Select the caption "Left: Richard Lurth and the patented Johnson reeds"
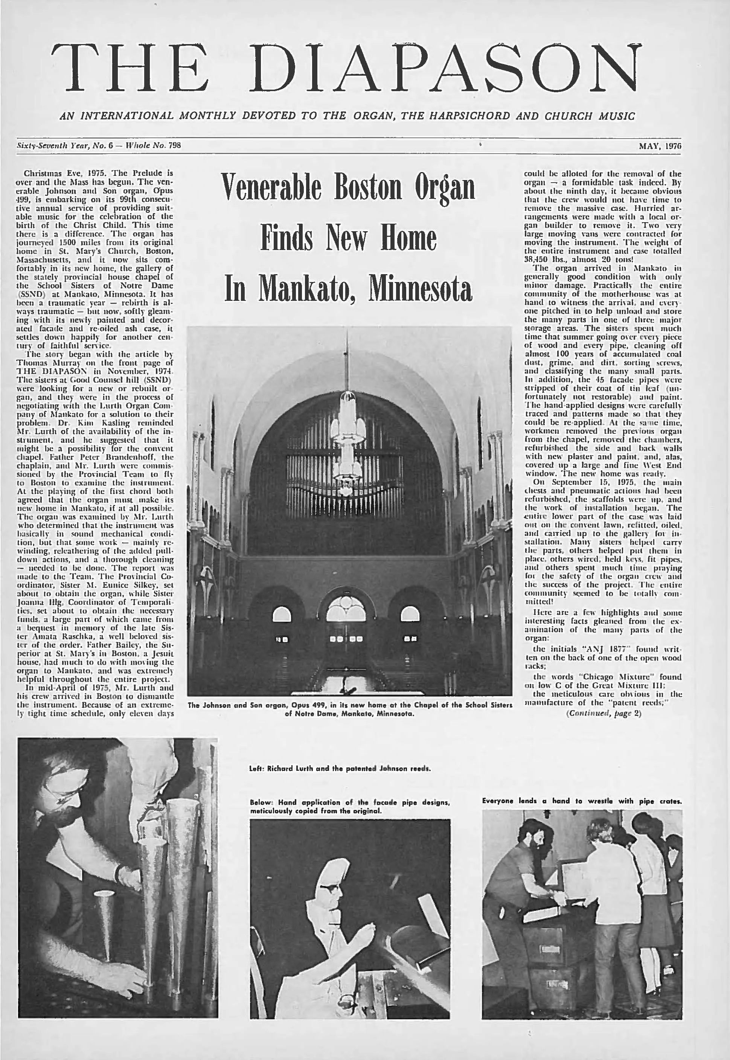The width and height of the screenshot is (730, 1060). pos(340,769)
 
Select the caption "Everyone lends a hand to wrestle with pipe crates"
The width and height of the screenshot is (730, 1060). pos(582,801)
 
